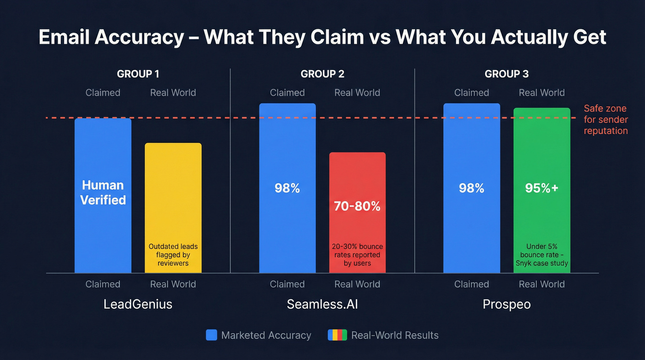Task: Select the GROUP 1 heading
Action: [x=138, y=74]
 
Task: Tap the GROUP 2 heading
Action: [x=322, y=74]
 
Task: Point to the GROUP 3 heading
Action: [x=507, y=74]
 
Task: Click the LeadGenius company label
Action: [x=138, y=304]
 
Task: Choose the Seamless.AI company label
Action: [x=322, y=304]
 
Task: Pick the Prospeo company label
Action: [x=507, y=304]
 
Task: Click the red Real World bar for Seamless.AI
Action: [x=358, y=180]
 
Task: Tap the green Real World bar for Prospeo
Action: [x=542, y=148]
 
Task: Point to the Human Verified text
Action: [x=103, y=192]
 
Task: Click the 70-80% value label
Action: [x=358, y=206]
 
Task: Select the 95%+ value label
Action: [x=542, y=188]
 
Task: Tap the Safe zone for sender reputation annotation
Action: [x=605, y=120]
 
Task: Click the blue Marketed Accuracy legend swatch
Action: [x=211, y=335]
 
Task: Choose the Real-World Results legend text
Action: [x=395, y=335]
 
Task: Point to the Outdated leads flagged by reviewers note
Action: [x=173, y=255]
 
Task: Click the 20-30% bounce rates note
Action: [x=358, y=255]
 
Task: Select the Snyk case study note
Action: [x=542, y=255]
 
